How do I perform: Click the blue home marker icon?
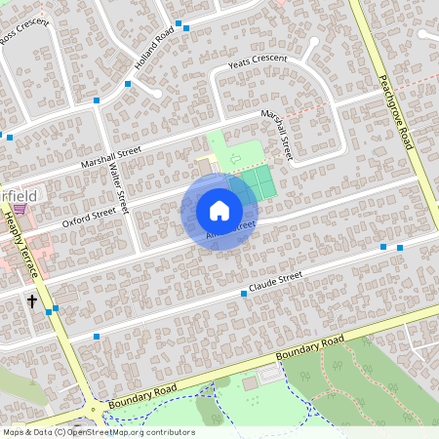[219, 210]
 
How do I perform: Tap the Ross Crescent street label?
[24, 35]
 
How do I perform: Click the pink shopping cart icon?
[19, 209]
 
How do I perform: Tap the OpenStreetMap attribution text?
[99, 432]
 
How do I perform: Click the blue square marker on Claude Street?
[243, 294]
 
